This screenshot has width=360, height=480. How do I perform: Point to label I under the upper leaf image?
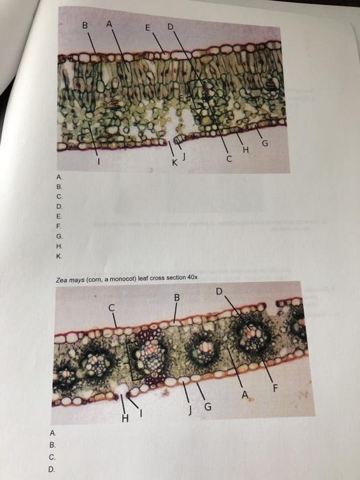pyautogui.click(x=98, y=163)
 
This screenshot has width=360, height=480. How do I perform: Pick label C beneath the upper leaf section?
pyautogui.click(x=230, y=160)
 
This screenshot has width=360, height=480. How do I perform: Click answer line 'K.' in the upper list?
pyautogui.click(x=59, y=256)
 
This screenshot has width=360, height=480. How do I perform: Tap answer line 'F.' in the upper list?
pyautogui.click(x=59, y=224)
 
